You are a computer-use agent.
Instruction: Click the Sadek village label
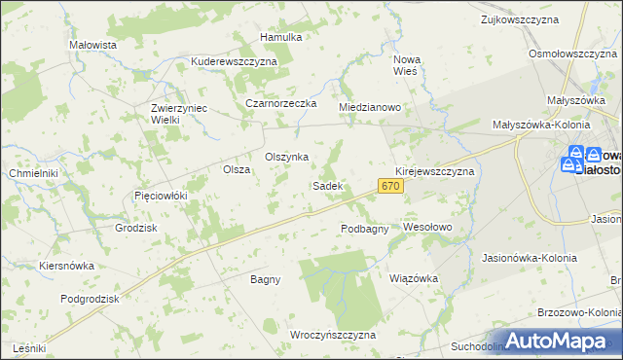tap(326, 185)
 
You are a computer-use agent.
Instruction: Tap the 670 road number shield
tap(391, 185)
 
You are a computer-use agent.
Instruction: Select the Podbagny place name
tap(365, 229)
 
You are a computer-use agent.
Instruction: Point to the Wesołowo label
tap(428, 227)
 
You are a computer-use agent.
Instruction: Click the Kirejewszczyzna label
tap(434, 170)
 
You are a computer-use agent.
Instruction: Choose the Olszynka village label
tap(287, 157)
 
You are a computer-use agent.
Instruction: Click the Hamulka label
tap(281, 37)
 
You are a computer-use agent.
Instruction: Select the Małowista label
tap(93, 45)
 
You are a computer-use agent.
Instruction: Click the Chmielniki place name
tap(34, 173)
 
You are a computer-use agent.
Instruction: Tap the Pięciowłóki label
tap(160, 196)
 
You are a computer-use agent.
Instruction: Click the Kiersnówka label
tap(66, 265)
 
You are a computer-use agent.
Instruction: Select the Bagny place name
tap(265, 279)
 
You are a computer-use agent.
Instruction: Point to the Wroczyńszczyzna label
tap(333, 334)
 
